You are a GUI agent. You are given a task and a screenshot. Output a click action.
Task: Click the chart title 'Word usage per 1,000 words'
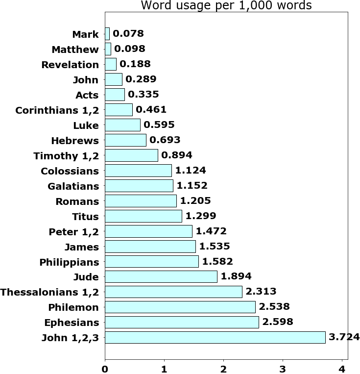click(226, 6)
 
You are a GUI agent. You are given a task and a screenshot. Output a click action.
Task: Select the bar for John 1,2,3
click(215, 337)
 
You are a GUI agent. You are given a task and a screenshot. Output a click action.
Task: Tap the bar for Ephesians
click(182, 322)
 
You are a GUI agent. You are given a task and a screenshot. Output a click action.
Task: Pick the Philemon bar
click(180, 307)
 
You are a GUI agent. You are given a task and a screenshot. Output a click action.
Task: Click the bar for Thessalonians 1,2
click(173, 292)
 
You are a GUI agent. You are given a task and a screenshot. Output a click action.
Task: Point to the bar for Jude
click(161, 276)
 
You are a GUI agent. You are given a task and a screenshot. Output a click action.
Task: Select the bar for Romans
click(141, 201)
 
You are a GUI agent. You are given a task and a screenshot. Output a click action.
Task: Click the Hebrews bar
click(125, 140)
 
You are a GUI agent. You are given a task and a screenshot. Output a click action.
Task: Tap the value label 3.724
click(344, 337)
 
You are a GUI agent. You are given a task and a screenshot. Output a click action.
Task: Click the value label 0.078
click(128, 34)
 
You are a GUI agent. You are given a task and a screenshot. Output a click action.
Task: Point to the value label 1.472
click(211, 231)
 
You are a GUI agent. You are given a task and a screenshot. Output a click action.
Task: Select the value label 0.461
click(151, 110)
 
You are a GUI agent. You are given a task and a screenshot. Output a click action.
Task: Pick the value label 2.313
click(261, 292)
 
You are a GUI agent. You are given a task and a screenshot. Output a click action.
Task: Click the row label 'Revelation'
click(70, 65)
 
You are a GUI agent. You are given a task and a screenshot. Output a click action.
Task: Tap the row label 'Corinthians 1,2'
click(57, 110)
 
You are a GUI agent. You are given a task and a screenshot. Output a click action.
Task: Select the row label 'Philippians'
click(69, 262)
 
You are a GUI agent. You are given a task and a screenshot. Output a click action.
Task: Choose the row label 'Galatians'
click(73, 186)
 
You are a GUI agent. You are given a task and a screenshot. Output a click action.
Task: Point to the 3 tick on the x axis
click(283, 368)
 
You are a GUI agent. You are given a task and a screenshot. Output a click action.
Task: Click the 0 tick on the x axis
click(105, 368)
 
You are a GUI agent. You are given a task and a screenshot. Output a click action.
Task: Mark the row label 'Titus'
click(85, 217)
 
